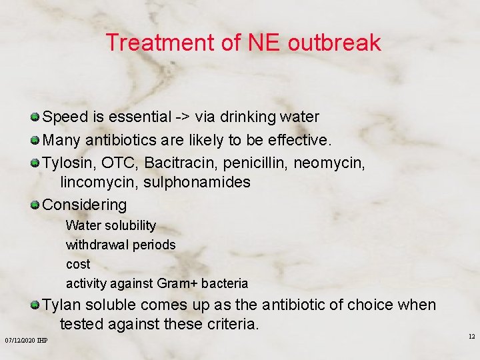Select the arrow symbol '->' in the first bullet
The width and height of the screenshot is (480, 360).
[x=183, y=117]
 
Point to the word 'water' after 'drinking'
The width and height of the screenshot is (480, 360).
[x=298, y=117]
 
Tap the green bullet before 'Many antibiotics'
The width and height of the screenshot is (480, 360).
[x=35, y=141]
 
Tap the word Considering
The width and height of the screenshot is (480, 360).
[x=84, y=205]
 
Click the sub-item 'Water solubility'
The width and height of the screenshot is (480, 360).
[x=111, y=225]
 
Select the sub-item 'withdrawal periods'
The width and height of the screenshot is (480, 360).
[x=121, y=245]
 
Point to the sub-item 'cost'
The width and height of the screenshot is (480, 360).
[x=78, y=264]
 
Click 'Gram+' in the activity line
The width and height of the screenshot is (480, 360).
[x=177, y=283]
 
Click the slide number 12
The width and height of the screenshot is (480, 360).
[x=471, y=337]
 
